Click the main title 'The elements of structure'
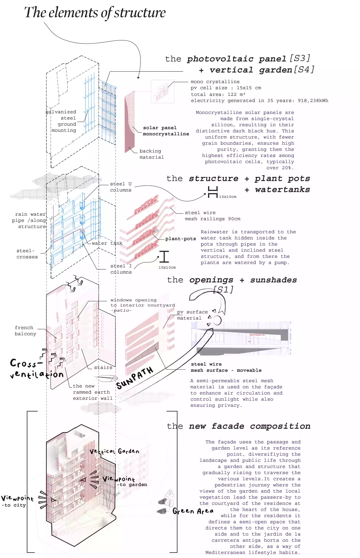[95, 13]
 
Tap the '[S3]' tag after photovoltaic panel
[300, 58]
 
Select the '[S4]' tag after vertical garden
[304, 69]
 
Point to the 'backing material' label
[151, 154]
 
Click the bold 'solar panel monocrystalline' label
[166, 131]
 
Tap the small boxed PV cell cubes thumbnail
[162, 92]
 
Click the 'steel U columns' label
[121, 187]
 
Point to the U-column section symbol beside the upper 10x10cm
[213, 192]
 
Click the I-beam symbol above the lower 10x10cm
[164, 257]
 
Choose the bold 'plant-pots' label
[181, 239]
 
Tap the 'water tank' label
[107, 243]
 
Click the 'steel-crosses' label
[27, 254]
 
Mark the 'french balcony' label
[25, 330]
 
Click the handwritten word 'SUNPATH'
[135, 378]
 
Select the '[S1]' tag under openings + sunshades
[223, 289]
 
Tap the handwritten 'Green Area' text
[193, 511]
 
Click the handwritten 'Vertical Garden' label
[114, 451]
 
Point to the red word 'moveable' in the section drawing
[257, 335]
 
